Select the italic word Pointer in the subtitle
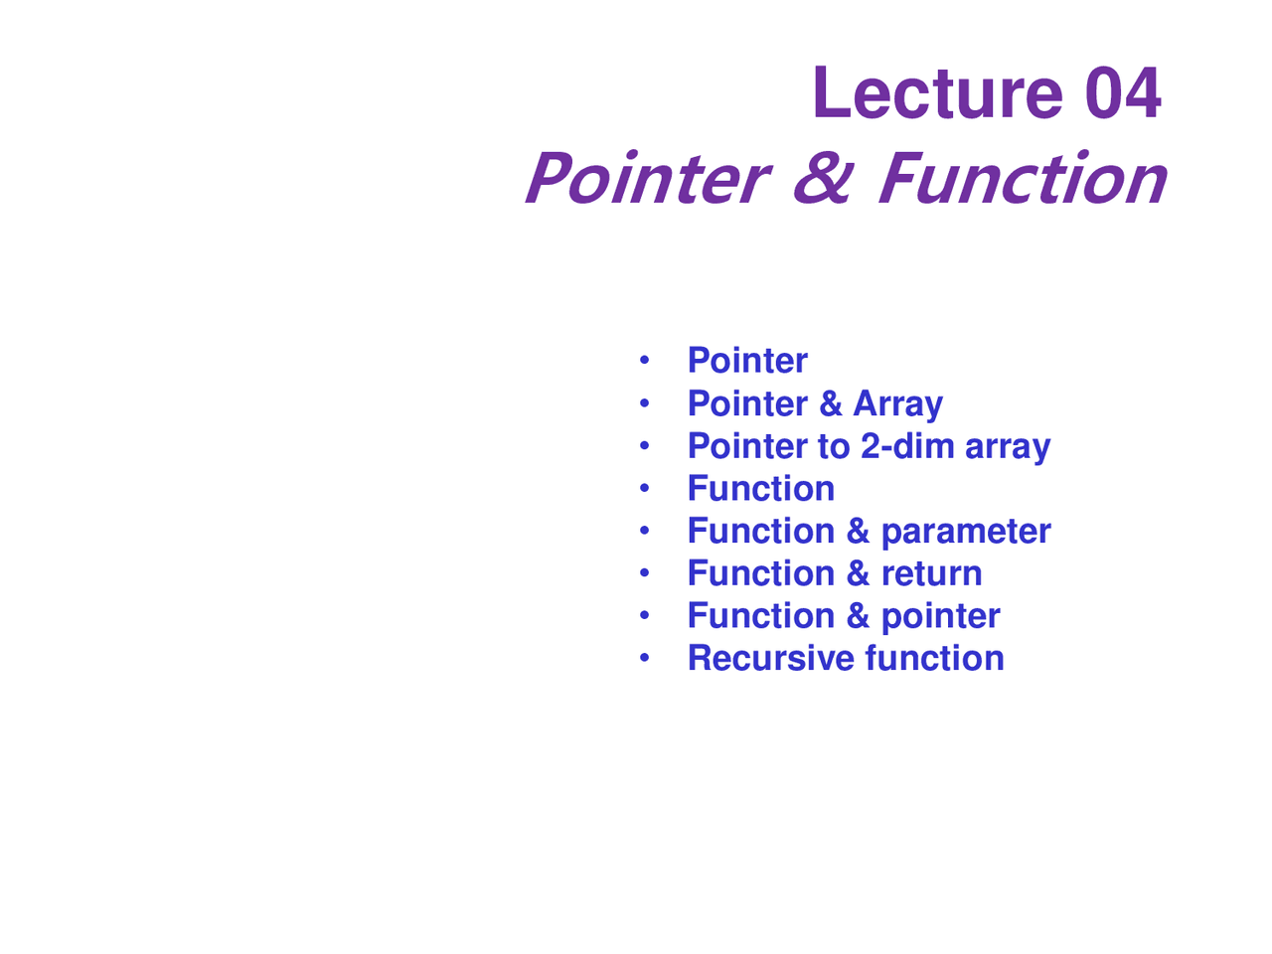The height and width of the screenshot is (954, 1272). pyautogui.click(x=647, y=180)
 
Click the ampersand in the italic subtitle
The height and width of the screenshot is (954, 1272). pyautogui.click(x=823, y=180)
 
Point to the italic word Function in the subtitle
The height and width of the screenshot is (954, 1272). pyautogui.click(x=1022, y=180)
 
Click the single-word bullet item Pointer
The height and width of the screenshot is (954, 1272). pyautogui.click(x=747, y=361)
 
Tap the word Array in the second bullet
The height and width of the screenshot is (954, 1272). pyautogui.click(x=897, y=404)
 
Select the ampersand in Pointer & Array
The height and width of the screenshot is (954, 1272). pyautogui.click(x=831, y=403)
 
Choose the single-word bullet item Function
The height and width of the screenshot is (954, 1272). pyautogui.click(x=760, y=489)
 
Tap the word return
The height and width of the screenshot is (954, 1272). pyautogui.click(x=931, y=573)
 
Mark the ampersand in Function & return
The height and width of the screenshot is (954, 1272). pyautogui.click(x=858, y=573)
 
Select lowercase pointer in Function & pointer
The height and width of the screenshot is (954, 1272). pyautogui.click(x=940, y=617)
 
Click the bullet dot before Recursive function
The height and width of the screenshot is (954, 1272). pyautogui.click(x=644, y=657)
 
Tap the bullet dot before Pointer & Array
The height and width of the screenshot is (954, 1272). pyautogui.click(x=644, y=402)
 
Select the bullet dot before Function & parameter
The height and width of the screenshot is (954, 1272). pyautogui.click(x=644, y=530)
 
